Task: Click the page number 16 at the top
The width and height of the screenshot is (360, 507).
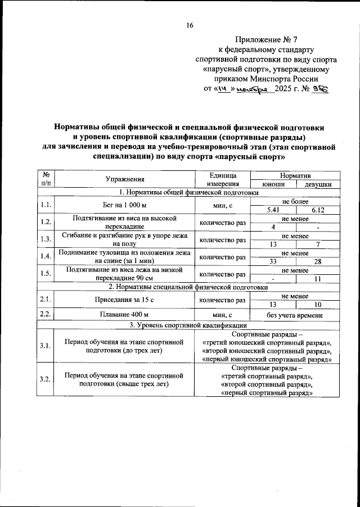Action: click(190, 25)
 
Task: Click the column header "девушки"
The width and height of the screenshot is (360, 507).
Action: click(318, 184)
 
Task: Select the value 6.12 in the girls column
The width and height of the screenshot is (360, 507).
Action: click(318, 210)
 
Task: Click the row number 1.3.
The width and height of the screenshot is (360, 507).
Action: click(46, 239)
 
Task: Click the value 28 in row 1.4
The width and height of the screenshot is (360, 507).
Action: click(318, 261)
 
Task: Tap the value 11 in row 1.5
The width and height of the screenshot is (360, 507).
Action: click(318, 279)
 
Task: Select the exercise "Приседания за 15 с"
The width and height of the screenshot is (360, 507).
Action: click(125, 300)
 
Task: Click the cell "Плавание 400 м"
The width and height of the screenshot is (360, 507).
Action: click(125, 315)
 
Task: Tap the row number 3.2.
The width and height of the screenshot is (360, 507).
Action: click(46, 380)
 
